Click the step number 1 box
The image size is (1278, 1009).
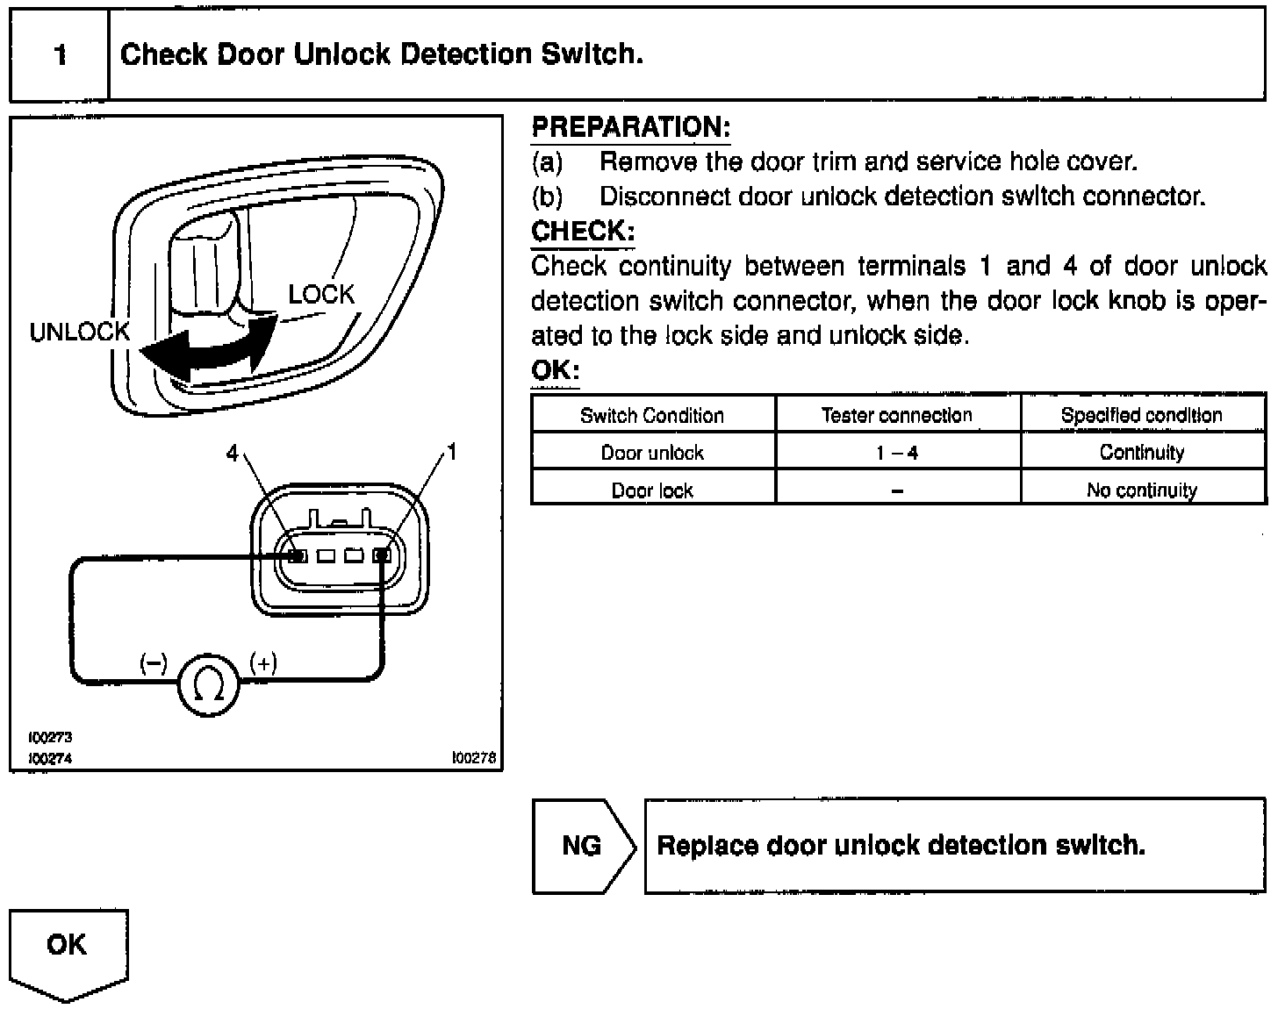[x=60, y=55]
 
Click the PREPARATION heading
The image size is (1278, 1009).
[x=630, y=128]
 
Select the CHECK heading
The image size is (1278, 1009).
[x=582, y=232]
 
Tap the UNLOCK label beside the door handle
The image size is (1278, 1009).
[x=79, y=333]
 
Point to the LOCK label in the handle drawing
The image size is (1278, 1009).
[x=321, y=295]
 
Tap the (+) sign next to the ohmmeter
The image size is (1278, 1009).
[x=263, y=663]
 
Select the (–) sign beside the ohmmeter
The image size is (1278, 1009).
[x=154, y=663]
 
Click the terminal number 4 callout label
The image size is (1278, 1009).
[x=232, y=453]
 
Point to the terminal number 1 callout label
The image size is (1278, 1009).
[x=452, y=452]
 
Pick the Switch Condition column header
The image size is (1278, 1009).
[x=652, y=415]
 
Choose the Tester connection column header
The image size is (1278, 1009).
[x=897, y=415]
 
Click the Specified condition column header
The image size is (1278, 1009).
[x=1141, y=415]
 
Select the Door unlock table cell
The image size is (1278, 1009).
[x=652, y=453]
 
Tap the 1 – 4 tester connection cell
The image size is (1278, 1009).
[x=897, y=453]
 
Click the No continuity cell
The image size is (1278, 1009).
[x=1141, y=490]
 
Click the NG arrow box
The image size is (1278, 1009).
[x=582, y=846]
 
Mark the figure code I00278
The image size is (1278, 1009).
[x=474, y=758]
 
